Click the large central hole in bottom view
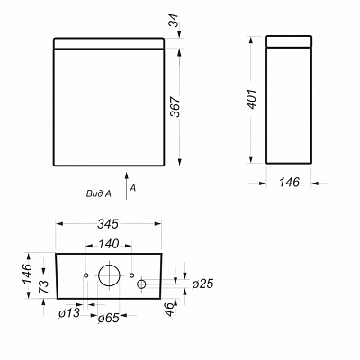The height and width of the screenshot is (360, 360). pos(109,275)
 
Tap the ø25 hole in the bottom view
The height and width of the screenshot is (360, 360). pos(141,283)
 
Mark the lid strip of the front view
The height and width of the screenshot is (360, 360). pos(109,42)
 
